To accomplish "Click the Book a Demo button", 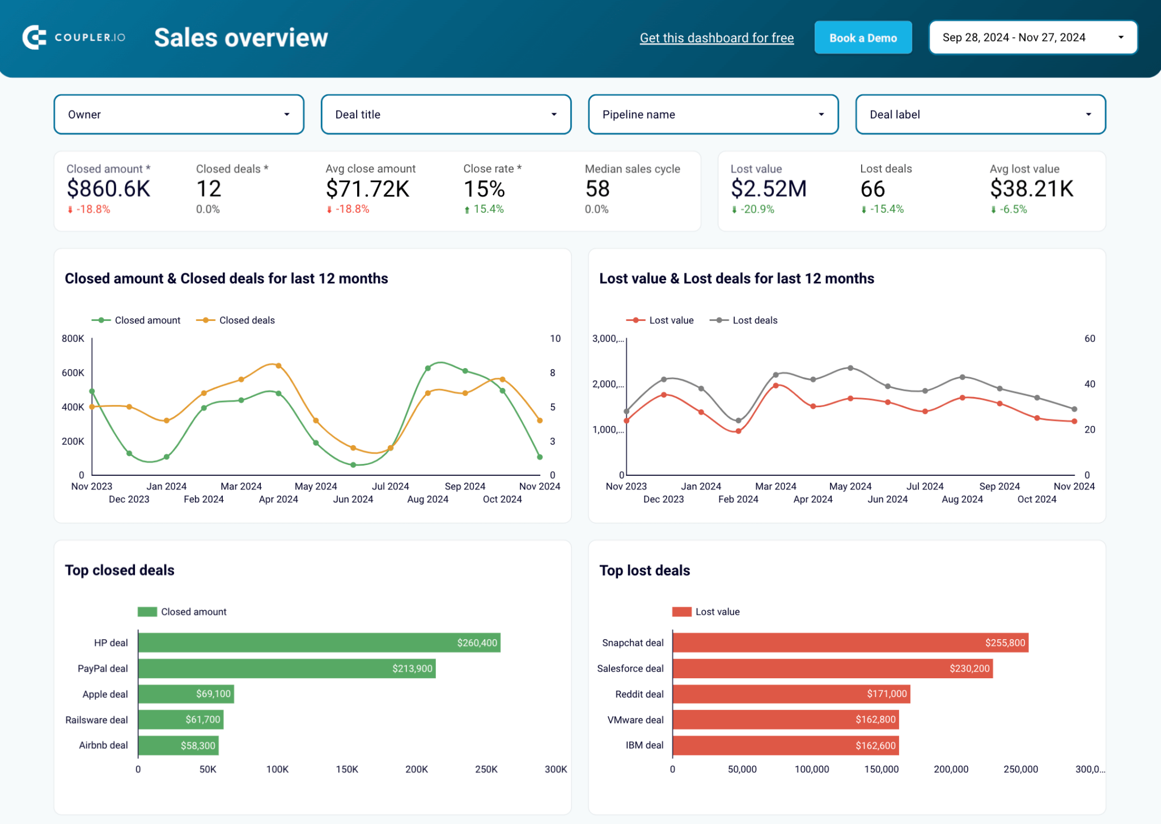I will point(863,38).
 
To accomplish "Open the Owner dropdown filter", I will point(179,115).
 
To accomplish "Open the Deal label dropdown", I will point(980,115).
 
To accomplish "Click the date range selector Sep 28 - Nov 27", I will point(1032,37).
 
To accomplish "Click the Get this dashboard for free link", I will point(717,38).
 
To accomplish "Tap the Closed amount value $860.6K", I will point(108,189).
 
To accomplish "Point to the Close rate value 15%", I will point(484,189).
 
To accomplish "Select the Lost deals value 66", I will point(872,189).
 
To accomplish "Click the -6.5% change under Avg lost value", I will point(1012,209).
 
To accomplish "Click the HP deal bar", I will point(319,643).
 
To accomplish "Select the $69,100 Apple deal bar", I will point(186,694).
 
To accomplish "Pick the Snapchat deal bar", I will point(850,643).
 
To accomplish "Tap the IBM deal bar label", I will point(645,745).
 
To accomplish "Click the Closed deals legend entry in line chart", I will point(236,320).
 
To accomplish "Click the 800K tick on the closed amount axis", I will point(73,339).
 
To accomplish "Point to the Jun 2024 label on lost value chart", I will point(887,499).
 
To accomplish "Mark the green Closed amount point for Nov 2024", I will point(540,457).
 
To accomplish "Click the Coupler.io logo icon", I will point(34,37).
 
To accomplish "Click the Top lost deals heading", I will point(645,571).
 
